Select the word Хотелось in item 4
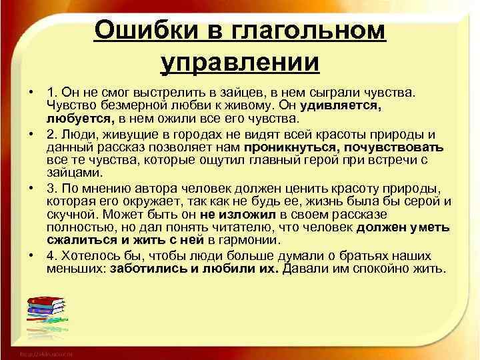86,256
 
